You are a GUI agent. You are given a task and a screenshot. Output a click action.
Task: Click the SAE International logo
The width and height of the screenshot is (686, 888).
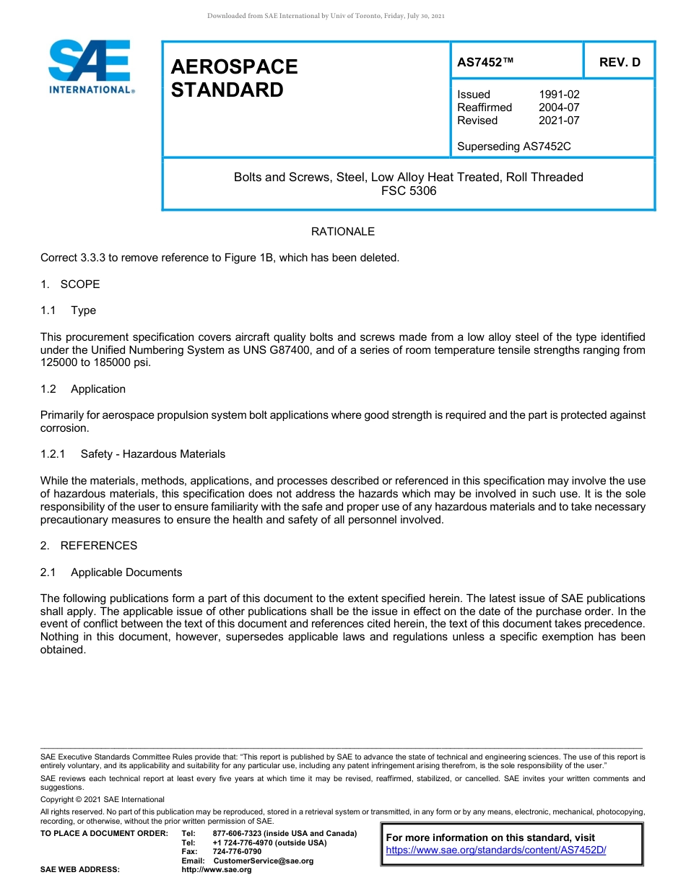(x=90, y=66)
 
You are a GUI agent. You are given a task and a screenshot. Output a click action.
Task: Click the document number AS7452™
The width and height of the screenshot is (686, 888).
(x=485, y=62)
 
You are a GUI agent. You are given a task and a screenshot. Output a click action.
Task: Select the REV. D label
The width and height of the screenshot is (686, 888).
(x=620, y=62)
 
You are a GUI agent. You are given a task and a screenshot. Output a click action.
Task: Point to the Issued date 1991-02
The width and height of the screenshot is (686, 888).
(x=559, y=95)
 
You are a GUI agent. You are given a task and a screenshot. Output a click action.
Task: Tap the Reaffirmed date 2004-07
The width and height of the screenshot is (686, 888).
(x=559, y=108)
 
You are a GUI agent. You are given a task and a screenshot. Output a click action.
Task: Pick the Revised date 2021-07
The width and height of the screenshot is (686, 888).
(x=559, y=121)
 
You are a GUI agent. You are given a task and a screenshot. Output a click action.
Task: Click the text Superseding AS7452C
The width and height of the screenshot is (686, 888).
(x=514, y=147)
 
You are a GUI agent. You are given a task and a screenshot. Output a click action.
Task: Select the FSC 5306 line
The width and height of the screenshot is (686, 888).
(x=409, y=191)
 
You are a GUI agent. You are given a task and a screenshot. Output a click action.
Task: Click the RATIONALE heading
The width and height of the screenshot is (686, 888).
(x=343, y=232)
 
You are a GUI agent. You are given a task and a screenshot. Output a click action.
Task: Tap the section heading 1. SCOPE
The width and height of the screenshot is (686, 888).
(x=71, y=284)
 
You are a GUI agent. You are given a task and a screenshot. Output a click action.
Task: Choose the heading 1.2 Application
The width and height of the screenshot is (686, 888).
(x=83, y=389)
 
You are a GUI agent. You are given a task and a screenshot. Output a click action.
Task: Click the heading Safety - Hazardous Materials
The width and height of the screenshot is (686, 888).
(x=153, y=454)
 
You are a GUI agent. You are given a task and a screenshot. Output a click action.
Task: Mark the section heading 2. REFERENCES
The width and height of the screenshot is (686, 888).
(x=89, y=546)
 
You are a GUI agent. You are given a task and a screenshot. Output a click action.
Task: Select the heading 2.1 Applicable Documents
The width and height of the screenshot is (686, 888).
(x=111, y=573)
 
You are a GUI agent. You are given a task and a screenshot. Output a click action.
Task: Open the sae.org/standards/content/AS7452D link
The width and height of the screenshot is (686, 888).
(x=496, y=850)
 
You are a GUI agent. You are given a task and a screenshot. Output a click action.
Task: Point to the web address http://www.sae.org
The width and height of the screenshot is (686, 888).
(x=217, y=870)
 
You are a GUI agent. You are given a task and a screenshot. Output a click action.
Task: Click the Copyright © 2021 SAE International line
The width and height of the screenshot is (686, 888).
(x=103, y=800)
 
